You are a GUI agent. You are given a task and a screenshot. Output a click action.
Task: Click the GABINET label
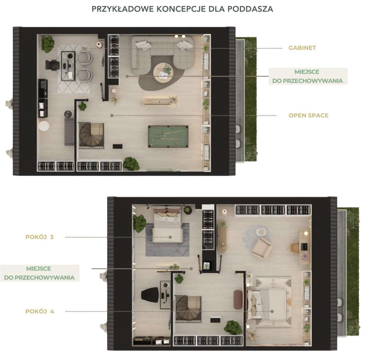coord(302,48)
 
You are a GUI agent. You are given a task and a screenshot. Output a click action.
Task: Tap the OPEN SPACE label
coord(308,116)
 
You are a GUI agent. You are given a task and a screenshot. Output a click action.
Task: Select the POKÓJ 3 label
coord(40,237)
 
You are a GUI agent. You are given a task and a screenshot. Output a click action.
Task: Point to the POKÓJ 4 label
coord(40,311)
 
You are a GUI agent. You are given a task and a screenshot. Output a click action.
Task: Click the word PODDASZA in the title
coord(250,9)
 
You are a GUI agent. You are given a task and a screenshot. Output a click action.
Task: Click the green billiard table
coord(168,136)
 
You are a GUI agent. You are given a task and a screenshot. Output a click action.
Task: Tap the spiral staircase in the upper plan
coord(91,136)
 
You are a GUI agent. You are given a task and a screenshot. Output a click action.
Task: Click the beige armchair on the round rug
coord(262,248)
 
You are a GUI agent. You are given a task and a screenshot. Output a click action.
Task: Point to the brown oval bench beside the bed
coord(238,300)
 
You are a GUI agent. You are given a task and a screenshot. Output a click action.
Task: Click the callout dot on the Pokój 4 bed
coord(272,311)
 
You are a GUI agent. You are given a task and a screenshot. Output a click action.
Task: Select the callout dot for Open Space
coord(112,116)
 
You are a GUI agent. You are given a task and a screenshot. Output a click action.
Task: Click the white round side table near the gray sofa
coord(44,126)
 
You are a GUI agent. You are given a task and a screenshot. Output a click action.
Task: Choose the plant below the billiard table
coord(131,164)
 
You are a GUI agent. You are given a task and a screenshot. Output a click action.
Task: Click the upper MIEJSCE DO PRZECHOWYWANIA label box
coord(308,76)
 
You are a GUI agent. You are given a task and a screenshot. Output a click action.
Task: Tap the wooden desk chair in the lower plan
coord(295,247)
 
